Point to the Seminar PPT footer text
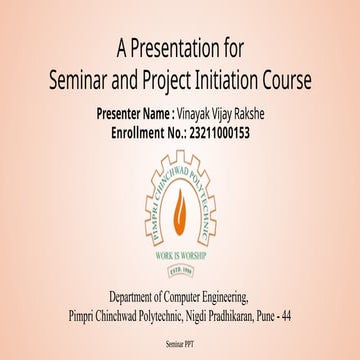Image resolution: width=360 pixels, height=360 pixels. [x=181, y=342]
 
